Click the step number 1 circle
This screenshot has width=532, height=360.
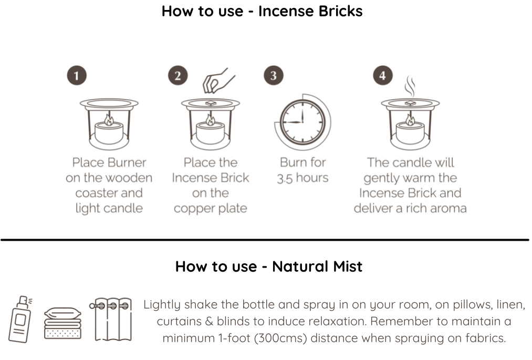77,75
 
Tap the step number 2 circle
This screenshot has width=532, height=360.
178,75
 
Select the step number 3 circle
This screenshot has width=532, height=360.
274,75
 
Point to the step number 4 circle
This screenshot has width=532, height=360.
383,75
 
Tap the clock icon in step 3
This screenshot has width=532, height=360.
302,122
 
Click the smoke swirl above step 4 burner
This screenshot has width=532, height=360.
410,87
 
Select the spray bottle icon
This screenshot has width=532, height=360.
21,319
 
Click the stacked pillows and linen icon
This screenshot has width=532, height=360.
63,323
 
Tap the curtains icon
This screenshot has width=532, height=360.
111,319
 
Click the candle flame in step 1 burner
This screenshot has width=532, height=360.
109,120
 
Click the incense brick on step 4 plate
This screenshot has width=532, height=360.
410,103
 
